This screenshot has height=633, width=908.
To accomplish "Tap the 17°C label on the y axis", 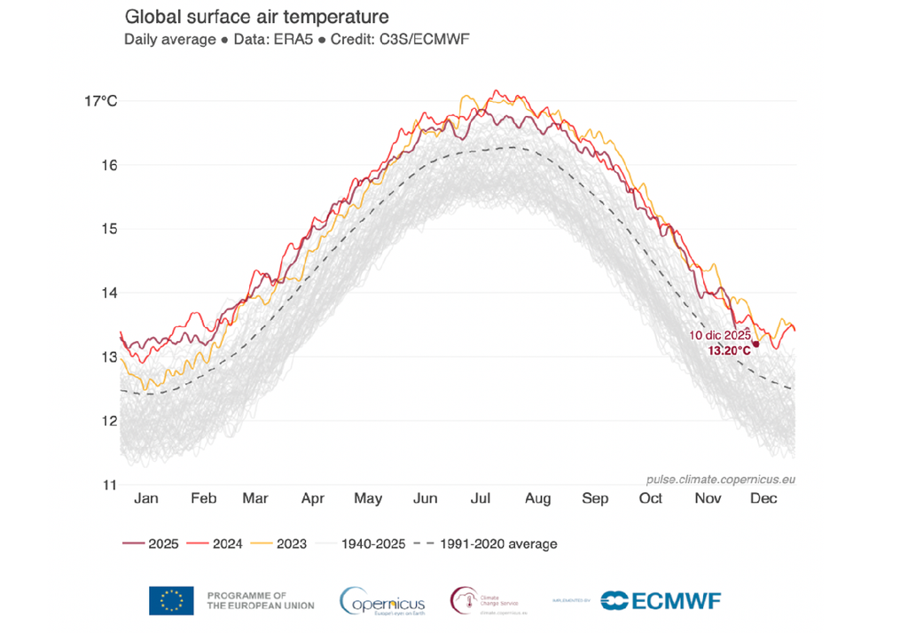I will [x=100, y=101].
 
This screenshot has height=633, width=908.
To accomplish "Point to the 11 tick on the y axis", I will [x=109, y=485].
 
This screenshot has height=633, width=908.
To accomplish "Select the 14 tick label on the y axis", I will [x=109, y=293].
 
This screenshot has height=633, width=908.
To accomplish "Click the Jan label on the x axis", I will [x=146, y=498].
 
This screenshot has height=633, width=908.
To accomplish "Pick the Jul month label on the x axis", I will [x=481, y=498].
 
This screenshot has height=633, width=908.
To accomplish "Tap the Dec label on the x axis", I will [x=763, y=498].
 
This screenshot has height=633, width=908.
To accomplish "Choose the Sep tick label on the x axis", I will [x=595, y=498].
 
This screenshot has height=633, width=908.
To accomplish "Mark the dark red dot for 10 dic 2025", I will [x=756, y=344].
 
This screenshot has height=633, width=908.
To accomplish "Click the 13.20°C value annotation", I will [x=729, y=351].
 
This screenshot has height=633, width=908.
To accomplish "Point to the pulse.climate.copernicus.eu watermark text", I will [x=720, y=479].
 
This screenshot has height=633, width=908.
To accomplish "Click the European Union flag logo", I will [x=171, y=600].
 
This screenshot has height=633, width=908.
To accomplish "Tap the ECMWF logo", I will [x=661, y=600].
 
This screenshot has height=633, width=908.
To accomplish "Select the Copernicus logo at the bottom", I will [x=382, y=600].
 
